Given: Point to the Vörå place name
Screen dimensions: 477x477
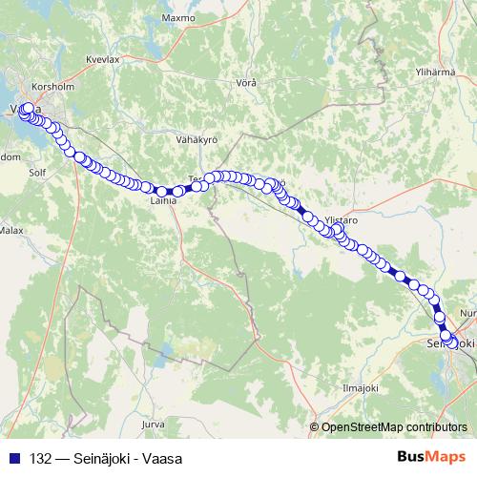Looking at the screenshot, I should pos(246,83).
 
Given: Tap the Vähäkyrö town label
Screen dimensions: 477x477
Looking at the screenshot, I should pos(198,139).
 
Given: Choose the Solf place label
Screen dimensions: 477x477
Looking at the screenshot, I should pos(37,174).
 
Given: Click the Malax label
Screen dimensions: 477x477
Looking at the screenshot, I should pos(11,230).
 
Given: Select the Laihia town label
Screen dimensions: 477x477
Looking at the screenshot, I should pos(164,201).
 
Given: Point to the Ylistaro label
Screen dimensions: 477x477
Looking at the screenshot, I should pos(341,219).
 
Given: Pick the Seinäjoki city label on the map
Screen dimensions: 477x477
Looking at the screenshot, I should pos(452,342).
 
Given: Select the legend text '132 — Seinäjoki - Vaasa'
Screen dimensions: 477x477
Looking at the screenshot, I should pos(93,459).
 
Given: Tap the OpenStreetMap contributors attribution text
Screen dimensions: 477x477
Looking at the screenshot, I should pos(394,426).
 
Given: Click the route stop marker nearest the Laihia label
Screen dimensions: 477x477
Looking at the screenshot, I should pos(162,191).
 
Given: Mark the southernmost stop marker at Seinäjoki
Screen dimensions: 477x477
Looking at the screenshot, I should pos(448,337).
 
